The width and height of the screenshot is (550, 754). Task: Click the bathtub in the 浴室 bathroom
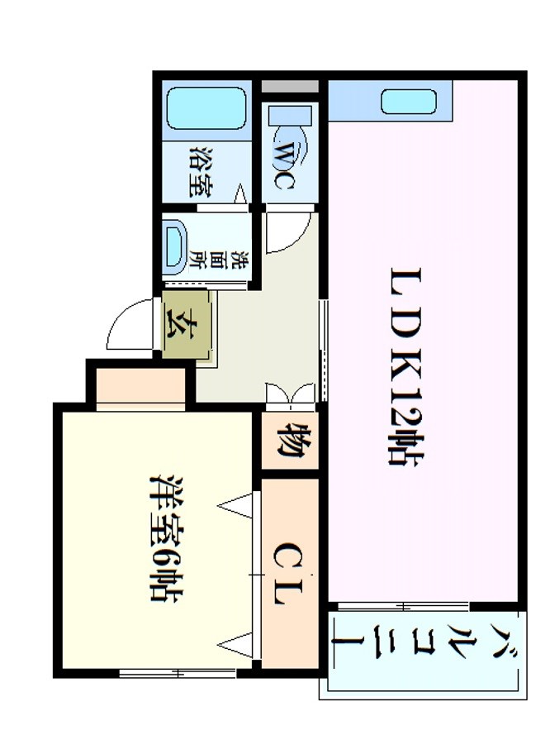coord(206,108)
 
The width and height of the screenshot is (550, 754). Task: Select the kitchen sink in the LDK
coord(410,103)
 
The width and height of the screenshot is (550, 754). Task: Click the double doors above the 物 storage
coord(291,394)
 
